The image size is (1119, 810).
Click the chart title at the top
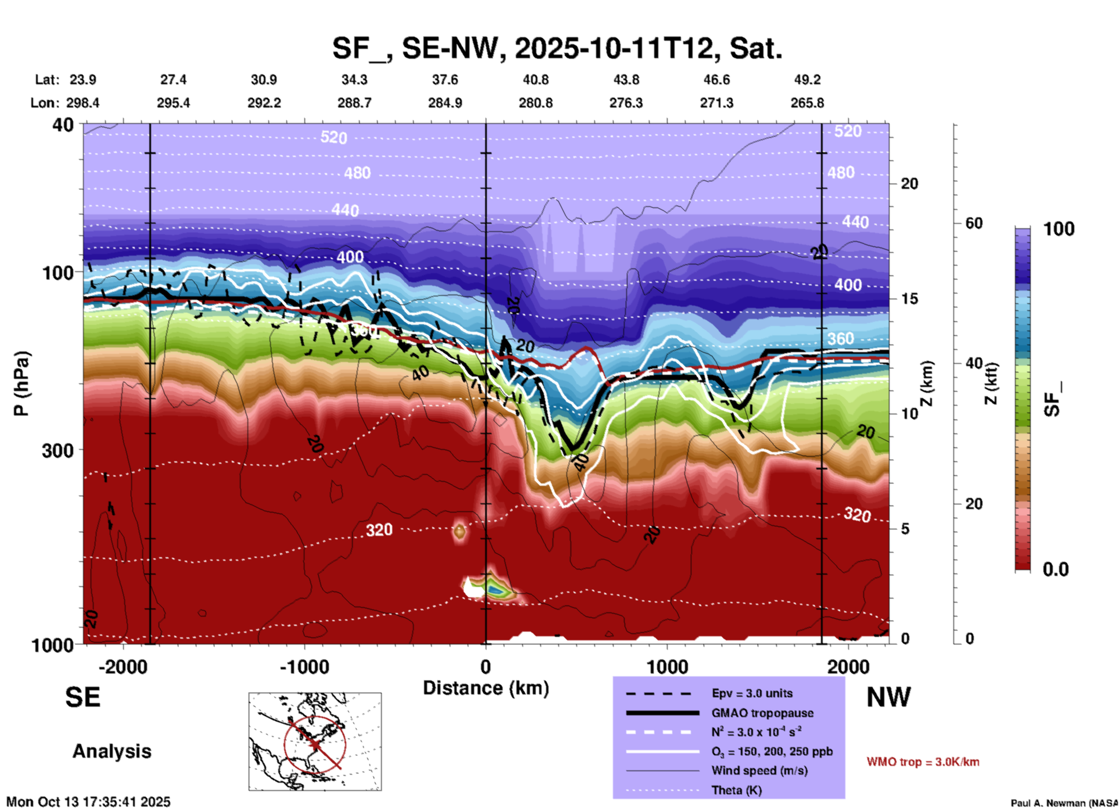pos(557,48)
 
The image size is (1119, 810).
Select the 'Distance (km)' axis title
pos(486,688)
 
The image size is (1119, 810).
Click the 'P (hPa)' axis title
pos(21,384)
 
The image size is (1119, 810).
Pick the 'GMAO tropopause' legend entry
pos(762,713)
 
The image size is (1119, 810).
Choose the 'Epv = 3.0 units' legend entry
pos(752,693)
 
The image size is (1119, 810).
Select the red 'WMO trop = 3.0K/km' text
pos(923,762)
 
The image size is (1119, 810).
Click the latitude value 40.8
pos(535,80)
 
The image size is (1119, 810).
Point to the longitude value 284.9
pos(445,103)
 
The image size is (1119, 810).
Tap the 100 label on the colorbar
pos(1059,229)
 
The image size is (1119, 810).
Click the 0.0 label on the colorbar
pos(1056,569)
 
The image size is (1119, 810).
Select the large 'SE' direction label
pos(83,697)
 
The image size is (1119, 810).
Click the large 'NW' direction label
pos(888,697)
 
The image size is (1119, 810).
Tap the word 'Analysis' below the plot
pos(112,751)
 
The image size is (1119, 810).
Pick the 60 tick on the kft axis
pos(974,223)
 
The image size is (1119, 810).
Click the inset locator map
pos(315,741)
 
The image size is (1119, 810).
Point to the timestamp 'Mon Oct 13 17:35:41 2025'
pos(88,802)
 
